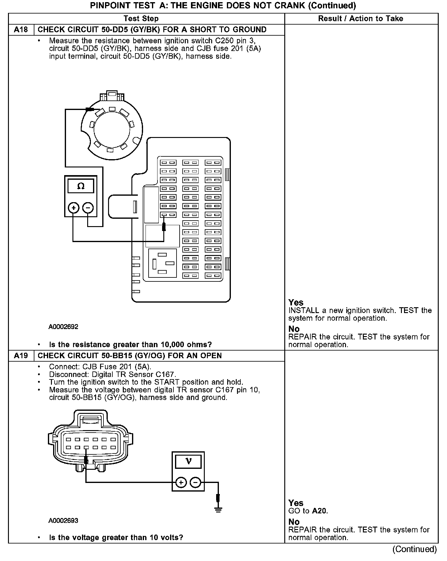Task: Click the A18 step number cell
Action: click(21, 30)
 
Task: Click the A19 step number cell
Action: click(21, 356)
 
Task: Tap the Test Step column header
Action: click(141, 19)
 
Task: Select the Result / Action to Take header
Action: click(360, 19)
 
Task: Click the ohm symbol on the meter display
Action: click(81, 186)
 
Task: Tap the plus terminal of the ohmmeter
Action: click(73, 208)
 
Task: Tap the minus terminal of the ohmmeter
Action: click(88, 208)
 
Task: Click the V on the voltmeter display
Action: click(189, 461)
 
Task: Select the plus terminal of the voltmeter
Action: click(181, 483)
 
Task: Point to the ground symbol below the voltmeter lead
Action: click(218, 511)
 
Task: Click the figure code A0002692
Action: click(63, 327)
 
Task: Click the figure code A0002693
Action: click(63, 521)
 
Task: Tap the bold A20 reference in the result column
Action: click(319, 511)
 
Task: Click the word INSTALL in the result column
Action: click(304, 311)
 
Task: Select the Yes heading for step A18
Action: click(296, 303)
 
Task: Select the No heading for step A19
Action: click(294, 522)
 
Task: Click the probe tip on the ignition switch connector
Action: click(90, 109)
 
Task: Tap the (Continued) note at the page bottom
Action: click(414, 549)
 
